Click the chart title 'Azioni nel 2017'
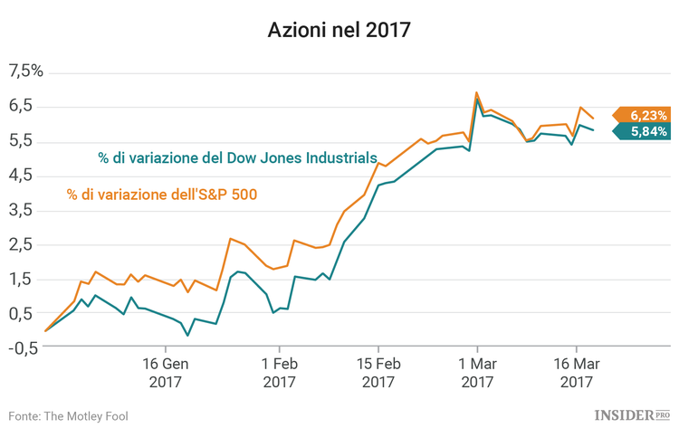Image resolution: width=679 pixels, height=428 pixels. (x=339, y=31)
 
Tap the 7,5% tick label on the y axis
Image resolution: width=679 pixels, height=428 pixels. (x=25, y=71)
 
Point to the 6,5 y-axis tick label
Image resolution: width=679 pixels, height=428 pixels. (x=21, y=106)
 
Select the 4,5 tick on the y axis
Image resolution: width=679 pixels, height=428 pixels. (x=21, y=175)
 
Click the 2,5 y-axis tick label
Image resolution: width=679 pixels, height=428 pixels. (x=21, y=244)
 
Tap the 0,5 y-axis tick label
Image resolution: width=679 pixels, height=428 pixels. (x=21, y=313)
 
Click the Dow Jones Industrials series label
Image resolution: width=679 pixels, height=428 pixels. (x=237, y=157)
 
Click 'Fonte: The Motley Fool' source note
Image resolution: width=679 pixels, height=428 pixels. (x=69, y=415)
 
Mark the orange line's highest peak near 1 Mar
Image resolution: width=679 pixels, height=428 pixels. (x=477, y=92)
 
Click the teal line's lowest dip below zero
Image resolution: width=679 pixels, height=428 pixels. (x=187, y=336)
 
